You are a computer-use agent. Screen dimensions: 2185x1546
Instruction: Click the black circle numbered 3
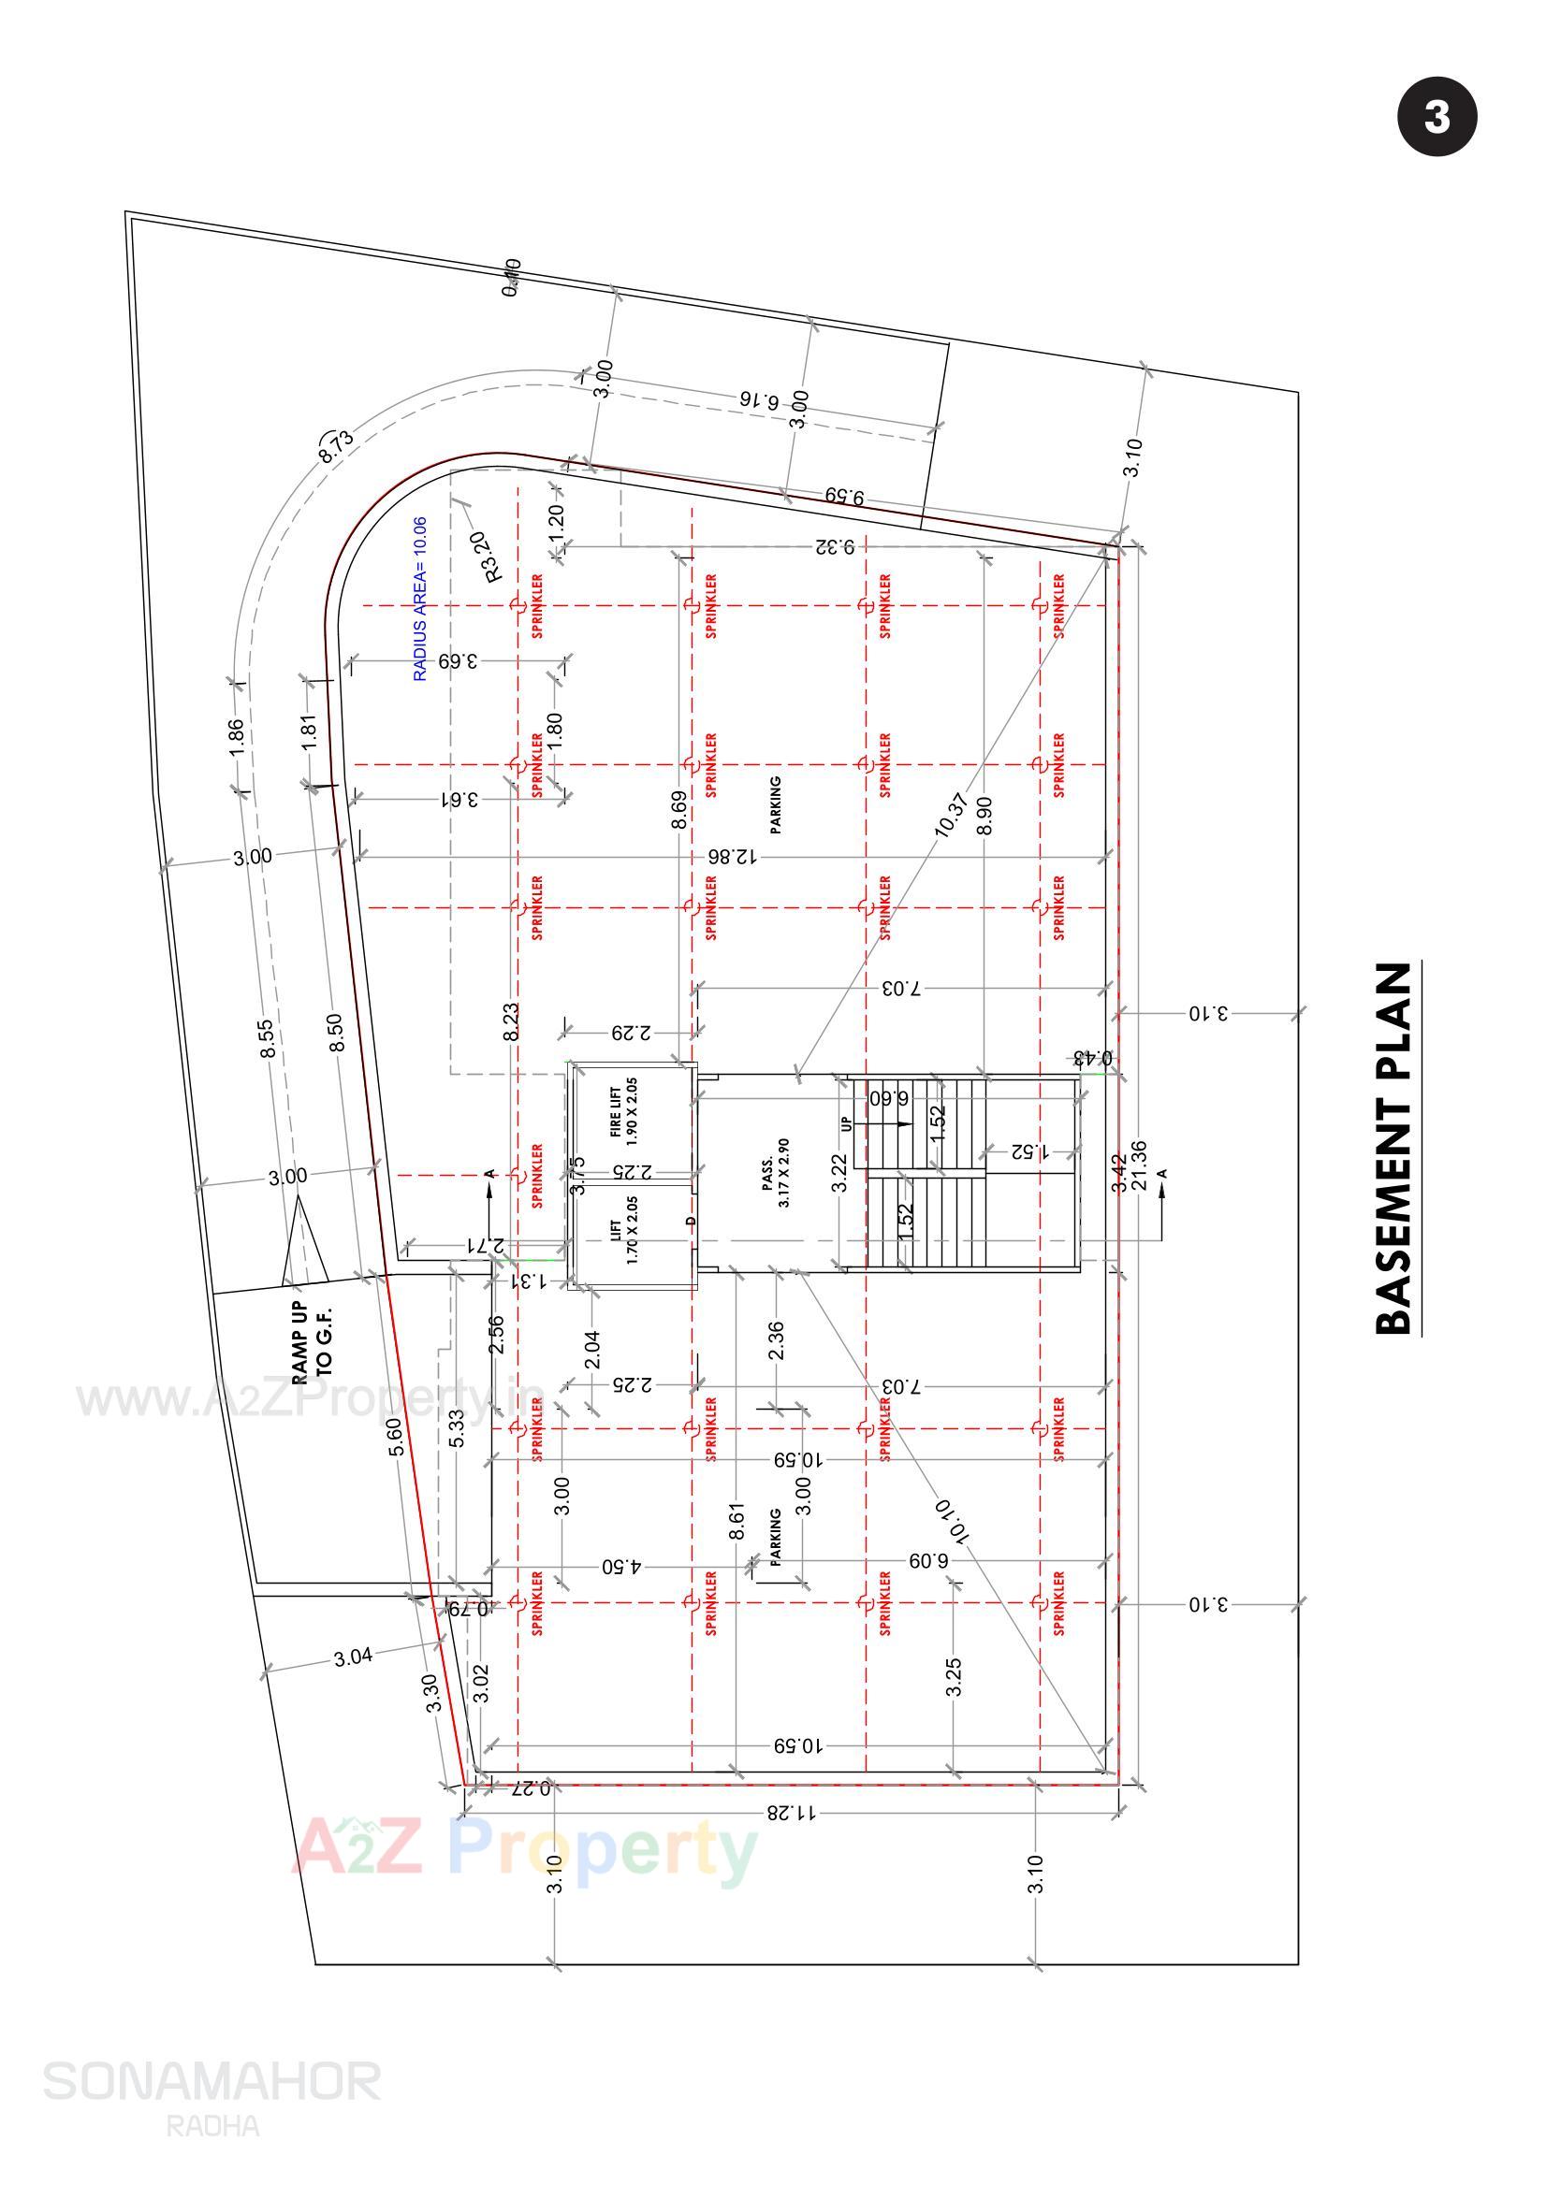1437,117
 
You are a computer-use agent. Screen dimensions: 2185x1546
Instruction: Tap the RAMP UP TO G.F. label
312,1342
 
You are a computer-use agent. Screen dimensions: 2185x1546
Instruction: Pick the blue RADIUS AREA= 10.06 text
420,600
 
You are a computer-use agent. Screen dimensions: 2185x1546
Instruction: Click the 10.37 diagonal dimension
952,815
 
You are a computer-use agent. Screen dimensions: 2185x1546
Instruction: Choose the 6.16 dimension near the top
760,399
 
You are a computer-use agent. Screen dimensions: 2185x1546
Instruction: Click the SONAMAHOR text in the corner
211,2081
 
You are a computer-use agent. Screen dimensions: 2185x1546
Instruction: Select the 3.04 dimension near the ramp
353,1657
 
